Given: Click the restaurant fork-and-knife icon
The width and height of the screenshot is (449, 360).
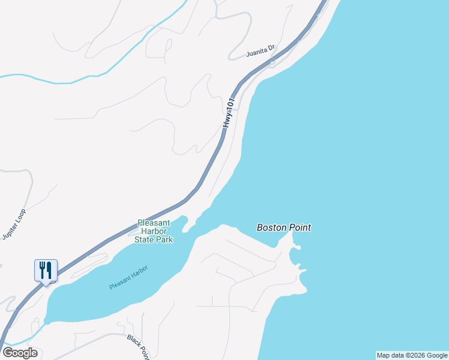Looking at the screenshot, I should [x=46, y=271].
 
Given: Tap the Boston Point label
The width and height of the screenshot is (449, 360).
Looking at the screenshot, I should [x=284, y=227].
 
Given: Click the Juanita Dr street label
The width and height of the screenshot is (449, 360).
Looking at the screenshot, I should [x=260, y=54].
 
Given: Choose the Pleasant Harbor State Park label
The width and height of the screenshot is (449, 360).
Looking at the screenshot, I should [x=154, y=231].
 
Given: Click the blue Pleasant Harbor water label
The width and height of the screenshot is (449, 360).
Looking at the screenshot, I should [x=128, y=278].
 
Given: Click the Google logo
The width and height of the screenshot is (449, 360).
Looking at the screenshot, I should [x=20, y=353].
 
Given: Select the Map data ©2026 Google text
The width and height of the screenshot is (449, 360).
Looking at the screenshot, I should [x=412, y=355].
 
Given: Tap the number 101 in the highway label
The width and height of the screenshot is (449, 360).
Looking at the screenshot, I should [x=229, y=105].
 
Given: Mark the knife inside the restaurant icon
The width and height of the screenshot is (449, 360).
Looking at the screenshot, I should [x=49, y=271].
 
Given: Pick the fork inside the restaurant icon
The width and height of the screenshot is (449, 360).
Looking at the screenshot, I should [x=42, y=271].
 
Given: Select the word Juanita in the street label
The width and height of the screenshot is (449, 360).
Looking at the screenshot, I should [x=256, y=55].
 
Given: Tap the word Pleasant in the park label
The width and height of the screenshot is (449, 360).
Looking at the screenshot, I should [x=154, y=223].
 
